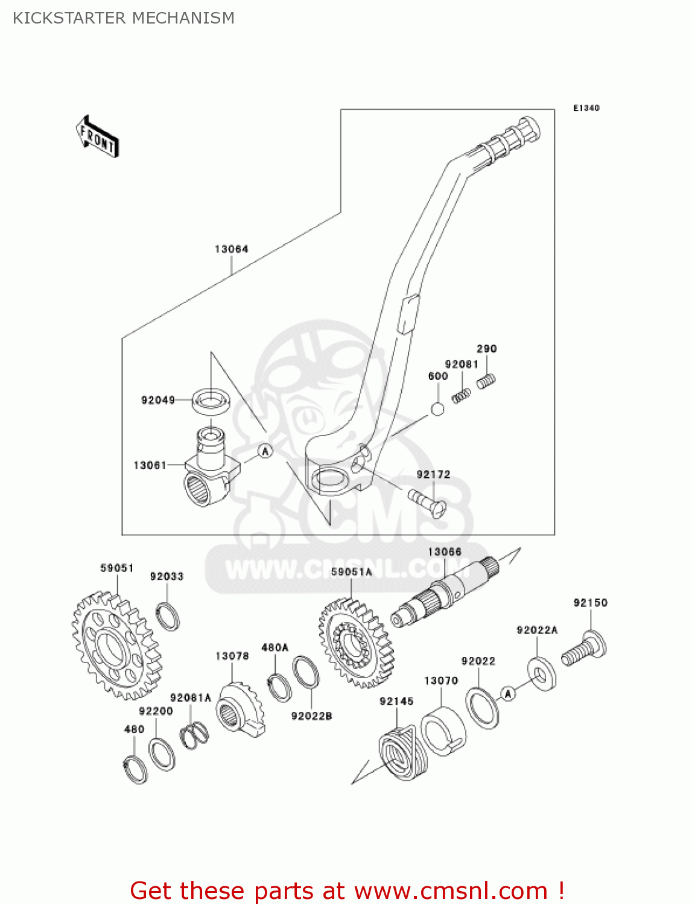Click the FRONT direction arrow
coord(97,136)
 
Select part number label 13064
coord(231,249)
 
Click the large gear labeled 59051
coord(116,646)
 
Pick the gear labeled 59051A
coord(357,643)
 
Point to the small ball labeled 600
coord(437,409)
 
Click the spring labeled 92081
coord(462,395)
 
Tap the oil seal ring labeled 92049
coord(211,401)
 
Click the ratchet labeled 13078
coord(240,709)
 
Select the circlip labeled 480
coord(135,769)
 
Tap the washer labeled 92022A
coord(542,674)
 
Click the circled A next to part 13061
coord(265,451)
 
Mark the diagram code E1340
coord(586,108)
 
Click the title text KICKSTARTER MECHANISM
coord(124,18)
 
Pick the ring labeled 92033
coord(167,616)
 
